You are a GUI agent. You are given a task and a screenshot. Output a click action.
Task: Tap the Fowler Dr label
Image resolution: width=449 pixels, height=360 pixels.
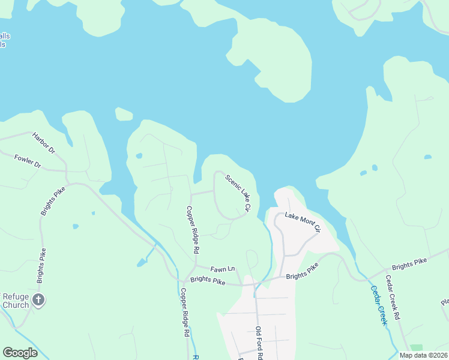[x=28, y=161]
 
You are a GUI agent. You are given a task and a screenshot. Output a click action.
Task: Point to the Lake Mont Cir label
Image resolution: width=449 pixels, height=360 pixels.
[x=303, y=221]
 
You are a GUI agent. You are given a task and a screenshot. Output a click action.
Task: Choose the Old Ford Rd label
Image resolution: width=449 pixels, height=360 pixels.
[x=259, y=342]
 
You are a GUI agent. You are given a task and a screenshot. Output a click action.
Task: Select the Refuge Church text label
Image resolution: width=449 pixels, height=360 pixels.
[x=16, y=301]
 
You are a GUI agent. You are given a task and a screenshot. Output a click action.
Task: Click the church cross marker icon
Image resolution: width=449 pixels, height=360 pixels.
[x=38, y=300]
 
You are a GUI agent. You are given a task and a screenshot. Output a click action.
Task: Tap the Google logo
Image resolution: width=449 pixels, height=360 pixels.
[x=20, y=352]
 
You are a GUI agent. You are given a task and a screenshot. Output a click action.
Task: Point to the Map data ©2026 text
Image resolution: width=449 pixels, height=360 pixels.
[x=423, y=355]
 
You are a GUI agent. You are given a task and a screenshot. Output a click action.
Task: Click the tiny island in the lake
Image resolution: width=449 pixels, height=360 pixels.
[x=124, y=114]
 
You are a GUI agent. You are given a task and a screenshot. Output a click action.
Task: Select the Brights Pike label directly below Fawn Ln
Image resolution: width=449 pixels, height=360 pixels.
[x=208, y=280]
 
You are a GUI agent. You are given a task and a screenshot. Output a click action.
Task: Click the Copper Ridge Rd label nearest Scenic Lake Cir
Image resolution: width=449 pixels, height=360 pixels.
[x=192, y=230]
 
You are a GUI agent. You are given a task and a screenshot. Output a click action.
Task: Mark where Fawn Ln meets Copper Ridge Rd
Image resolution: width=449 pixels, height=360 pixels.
[x=196, y=266]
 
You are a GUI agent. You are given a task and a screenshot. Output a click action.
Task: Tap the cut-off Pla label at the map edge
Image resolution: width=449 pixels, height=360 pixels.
[x=445, y=302]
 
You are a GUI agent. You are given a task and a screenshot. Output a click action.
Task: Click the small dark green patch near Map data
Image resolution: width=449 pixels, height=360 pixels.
[x=416, y=347]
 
